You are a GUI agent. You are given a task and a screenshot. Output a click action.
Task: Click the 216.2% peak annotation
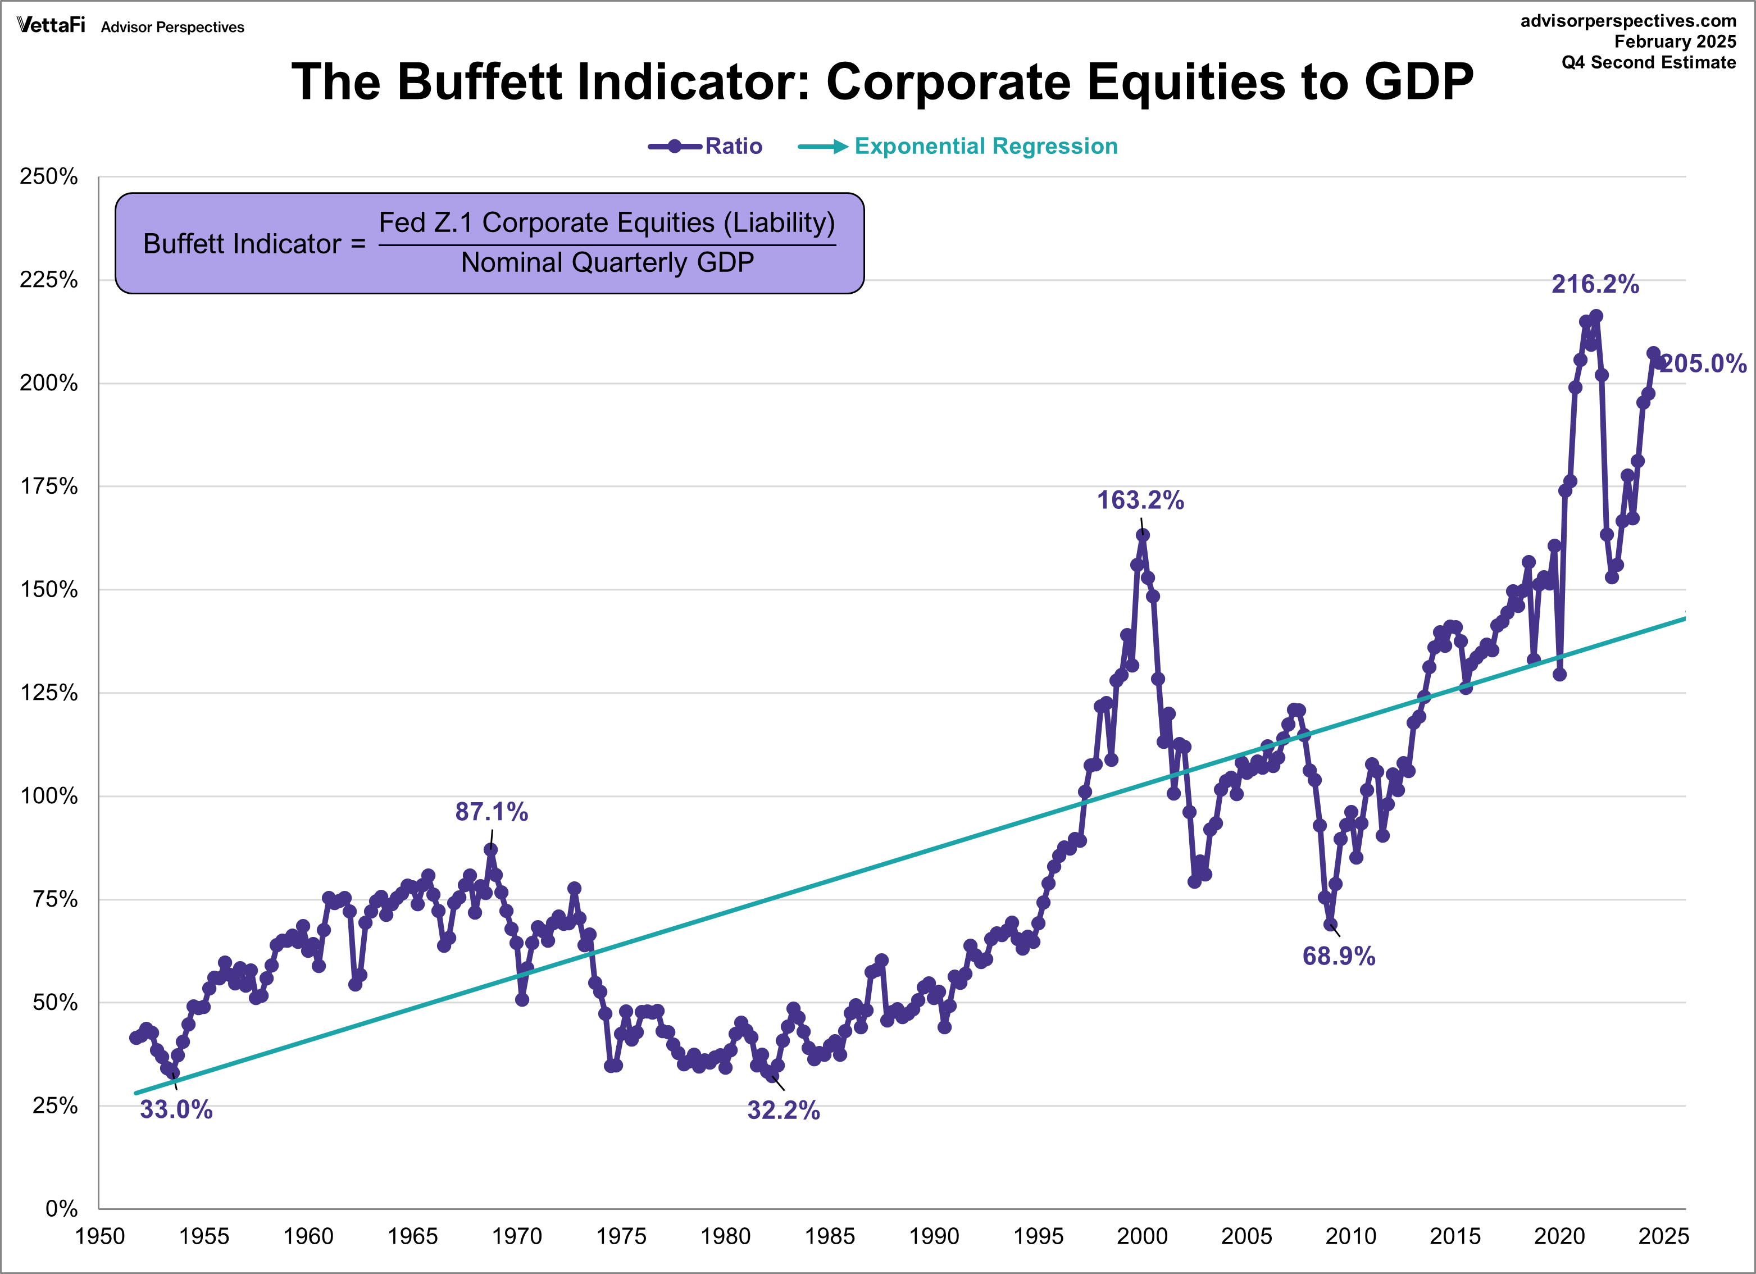click(x=1595, y=284)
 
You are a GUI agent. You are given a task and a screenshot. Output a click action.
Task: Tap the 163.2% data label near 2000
click(x=1140, y=501)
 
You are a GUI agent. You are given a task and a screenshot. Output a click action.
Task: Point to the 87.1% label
click(x=492, y=812)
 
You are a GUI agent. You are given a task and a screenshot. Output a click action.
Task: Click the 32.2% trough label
click(x=784, y=1110)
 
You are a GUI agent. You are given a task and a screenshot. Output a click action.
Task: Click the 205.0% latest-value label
click(x=1703, y=363)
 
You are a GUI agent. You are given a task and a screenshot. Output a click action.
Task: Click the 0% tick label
click(x=61, y=1208)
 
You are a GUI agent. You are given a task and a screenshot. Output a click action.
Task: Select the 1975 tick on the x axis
click(x=621, y=1236)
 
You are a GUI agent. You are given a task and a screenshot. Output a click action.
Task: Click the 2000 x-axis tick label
click(x=1142, y=1236)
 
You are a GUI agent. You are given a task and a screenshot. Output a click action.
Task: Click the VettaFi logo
click(x=51, y=25)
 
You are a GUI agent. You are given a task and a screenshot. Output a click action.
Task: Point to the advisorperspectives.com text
click(x=1628, y=21)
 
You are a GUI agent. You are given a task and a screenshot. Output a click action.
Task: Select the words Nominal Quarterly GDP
click(x=607, y=262)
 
